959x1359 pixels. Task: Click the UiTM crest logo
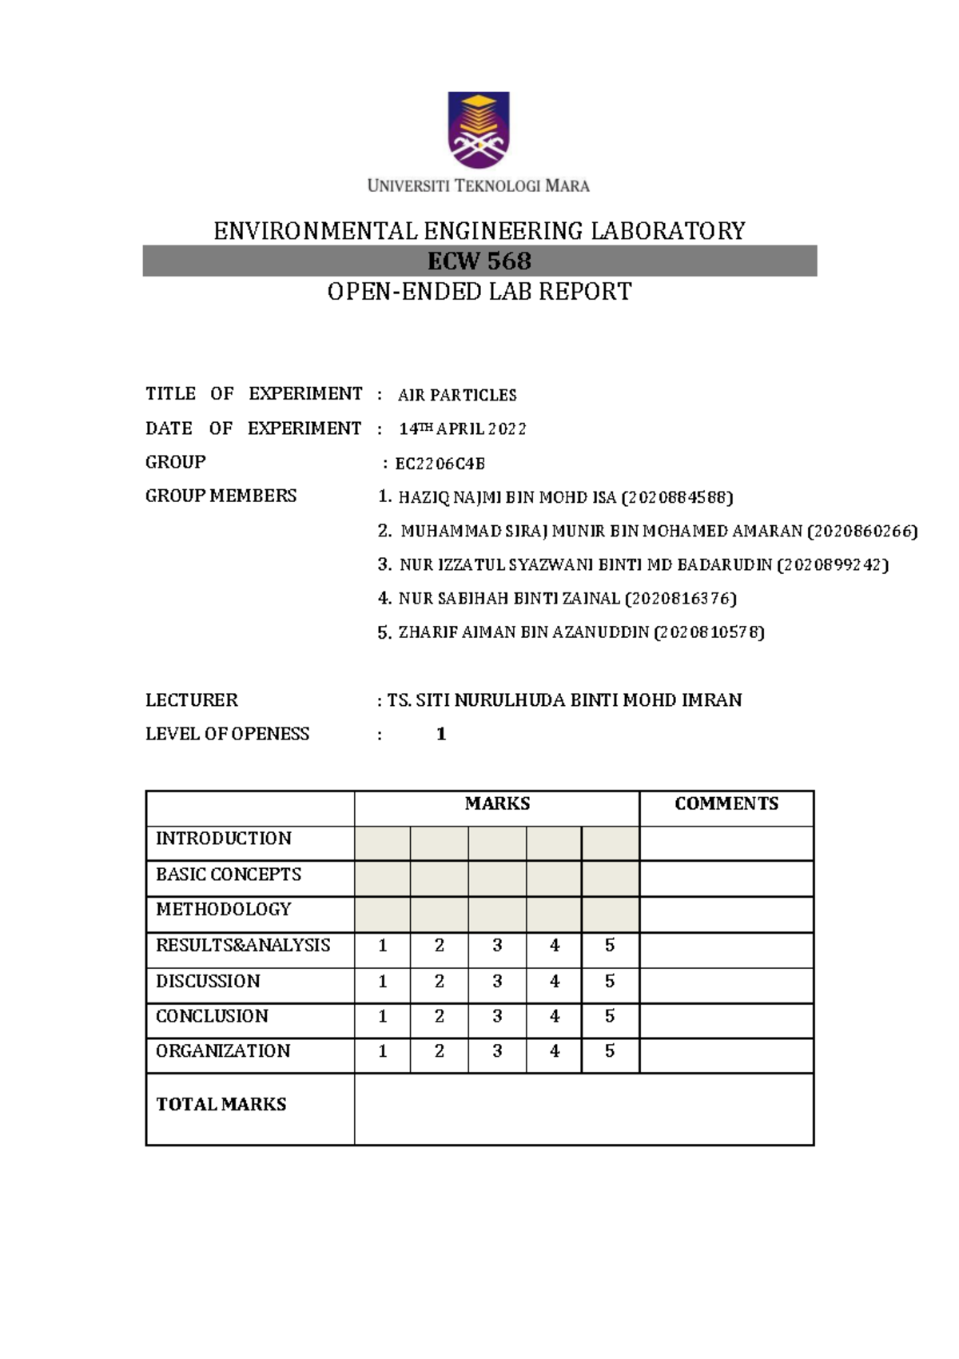tap(478, 130)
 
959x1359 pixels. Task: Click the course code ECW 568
tap(479, 261)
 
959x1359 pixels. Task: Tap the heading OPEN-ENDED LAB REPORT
tap(479, 292)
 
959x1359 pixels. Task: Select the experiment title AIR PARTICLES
tap(457, 395)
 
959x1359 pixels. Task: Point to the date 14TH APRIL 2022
tap(463, 429)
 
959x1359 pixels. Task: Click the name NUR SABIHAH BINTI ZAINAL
tap(509, 598)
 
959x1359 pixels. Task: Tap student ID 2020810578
tap(709, 632)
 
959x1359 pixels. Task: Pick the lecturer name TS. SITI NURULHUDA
tap(564, 700)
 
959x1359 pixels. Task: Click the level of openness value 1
tap(441, 734)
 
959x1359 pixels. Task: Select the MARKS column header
tap(497, 804)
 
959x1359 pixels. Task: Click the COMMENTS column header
tap(726, 804)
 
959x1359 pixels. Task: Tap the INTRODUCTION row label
tap(224, 839)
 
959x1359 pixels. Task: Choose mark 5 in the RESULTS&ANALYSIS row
tap(610, 946)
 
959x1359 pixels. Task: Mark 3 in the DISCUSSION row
tap(497, 982)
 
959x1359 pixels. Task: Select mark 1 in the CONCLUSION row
tap(383, 1017)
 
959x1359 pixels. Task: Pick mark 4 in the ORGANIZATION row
tap(555, 1052)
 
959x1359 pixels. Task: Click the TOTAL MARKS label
tap(221, 1105)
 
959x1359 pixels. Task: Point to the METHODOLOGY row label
tap(224, 910)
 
